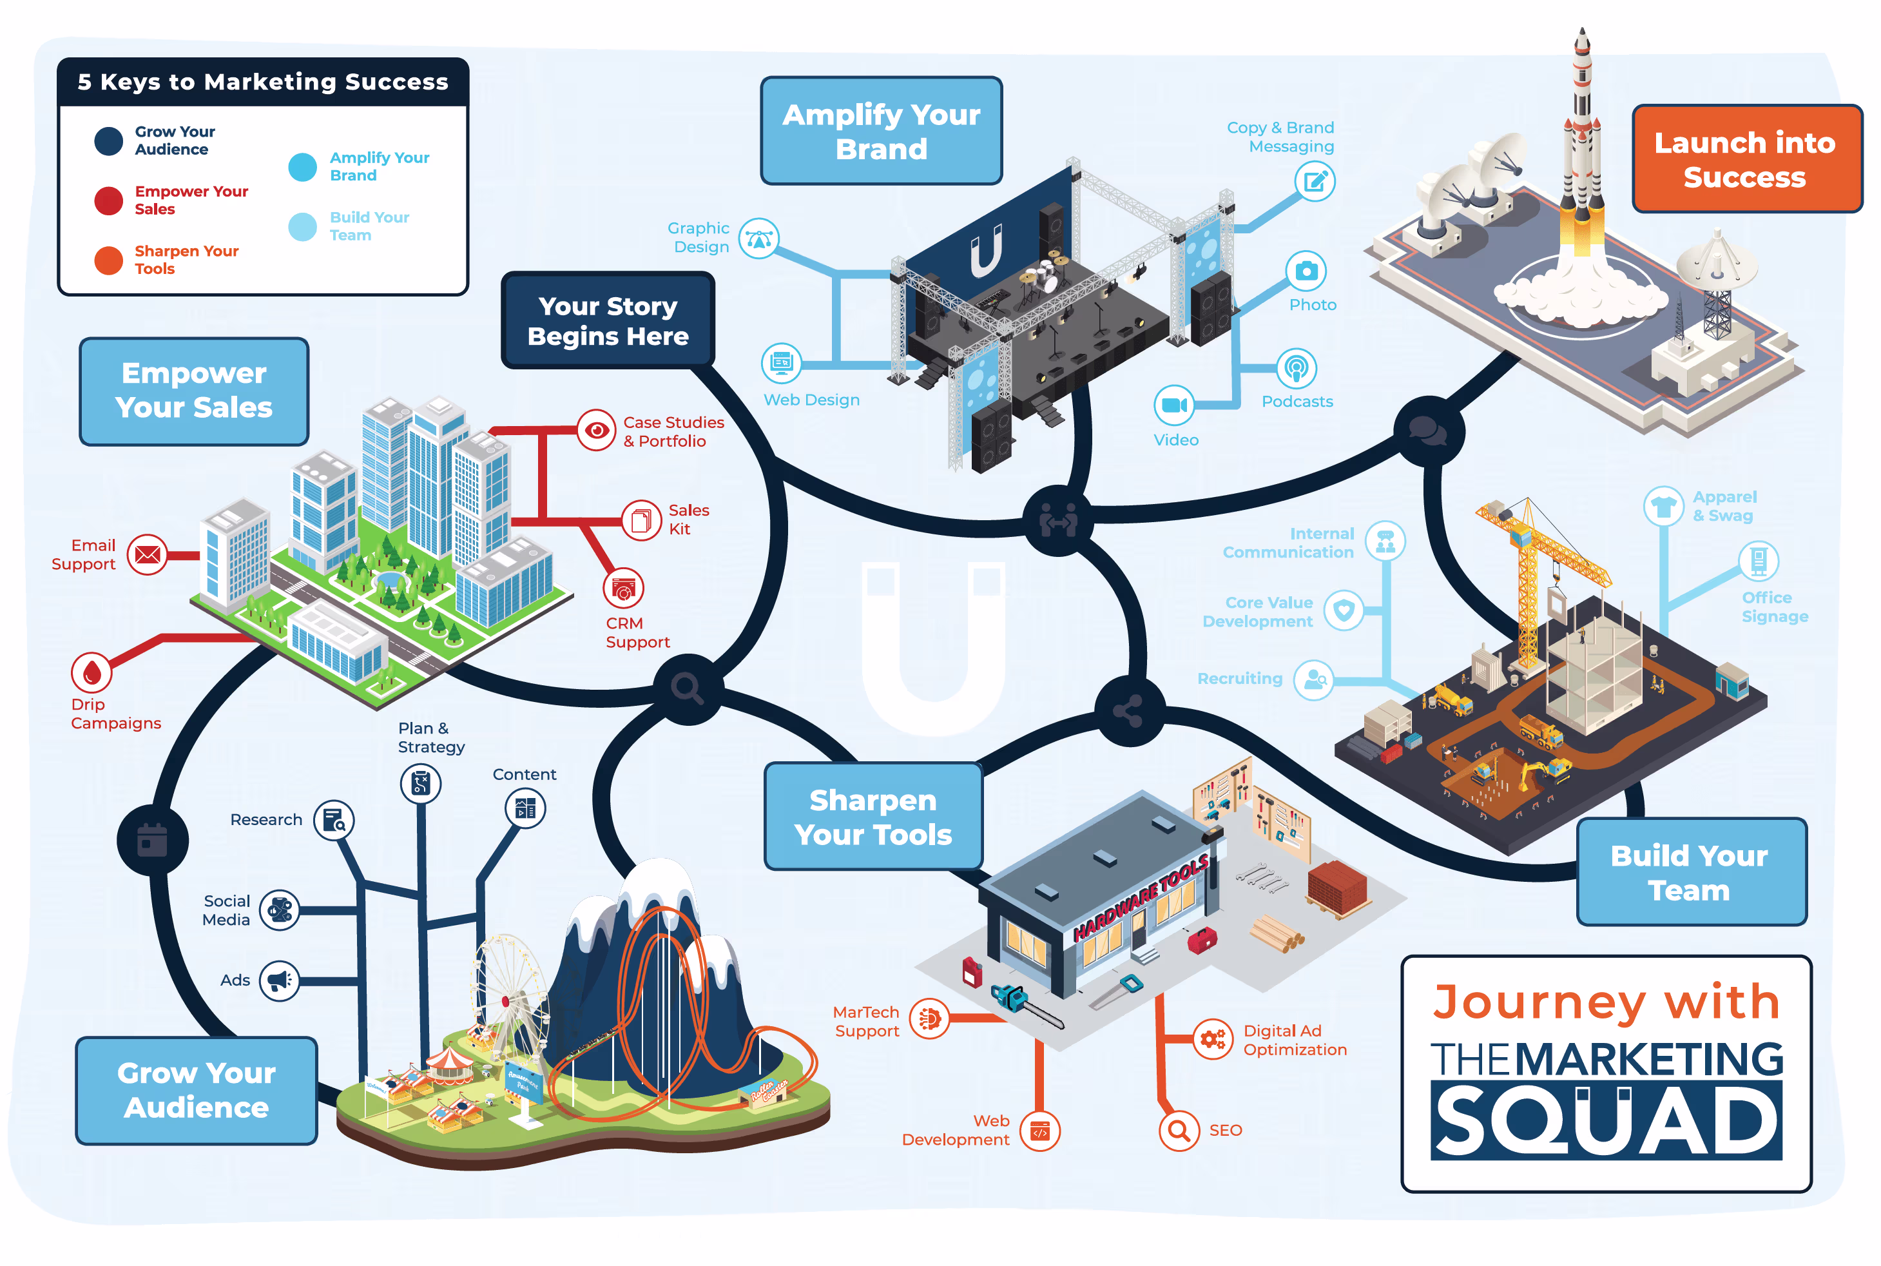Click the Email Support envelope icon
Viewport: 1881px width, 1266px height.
[x=147, y=555]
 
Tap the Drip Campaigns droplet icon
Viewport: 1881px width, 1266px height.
[x=92, y=672]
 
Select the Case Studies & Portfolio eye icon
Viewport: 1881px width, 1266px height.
[x=596, y=431]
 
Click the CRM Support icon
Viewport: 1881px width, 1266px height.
[x=623, y=589]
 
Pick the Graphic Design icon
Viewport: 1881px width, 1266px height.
[x=758, y=239]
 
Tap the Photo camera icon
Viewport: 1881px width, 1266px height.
[x=1306, y=271]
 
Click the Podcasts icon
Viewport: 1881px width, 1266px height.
[x=1296, y=369]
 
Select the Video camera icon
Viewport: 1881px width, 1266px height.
[x=1173, y=405]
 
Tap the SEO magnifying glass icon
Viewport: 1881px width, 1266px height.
[x=1179, y=1131]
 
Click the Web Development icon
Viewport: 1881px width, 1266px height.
[x=1039, y=1131]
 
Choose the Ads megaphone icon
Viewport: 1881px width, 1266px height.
[x=279, y=981]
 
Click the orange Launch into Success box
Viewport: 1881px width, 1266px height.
[x=1746, y=159]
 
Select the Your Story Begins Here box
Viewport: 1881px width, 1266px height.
[x=608, y=320]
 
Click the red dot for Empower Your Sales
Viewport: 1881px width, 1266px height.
[x=108, y=200]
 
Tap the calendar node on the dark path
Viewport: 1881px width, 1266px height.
[x=153, y=840]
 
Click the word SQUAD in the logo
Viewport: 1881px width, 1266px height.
[x=1606, y=1121]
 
